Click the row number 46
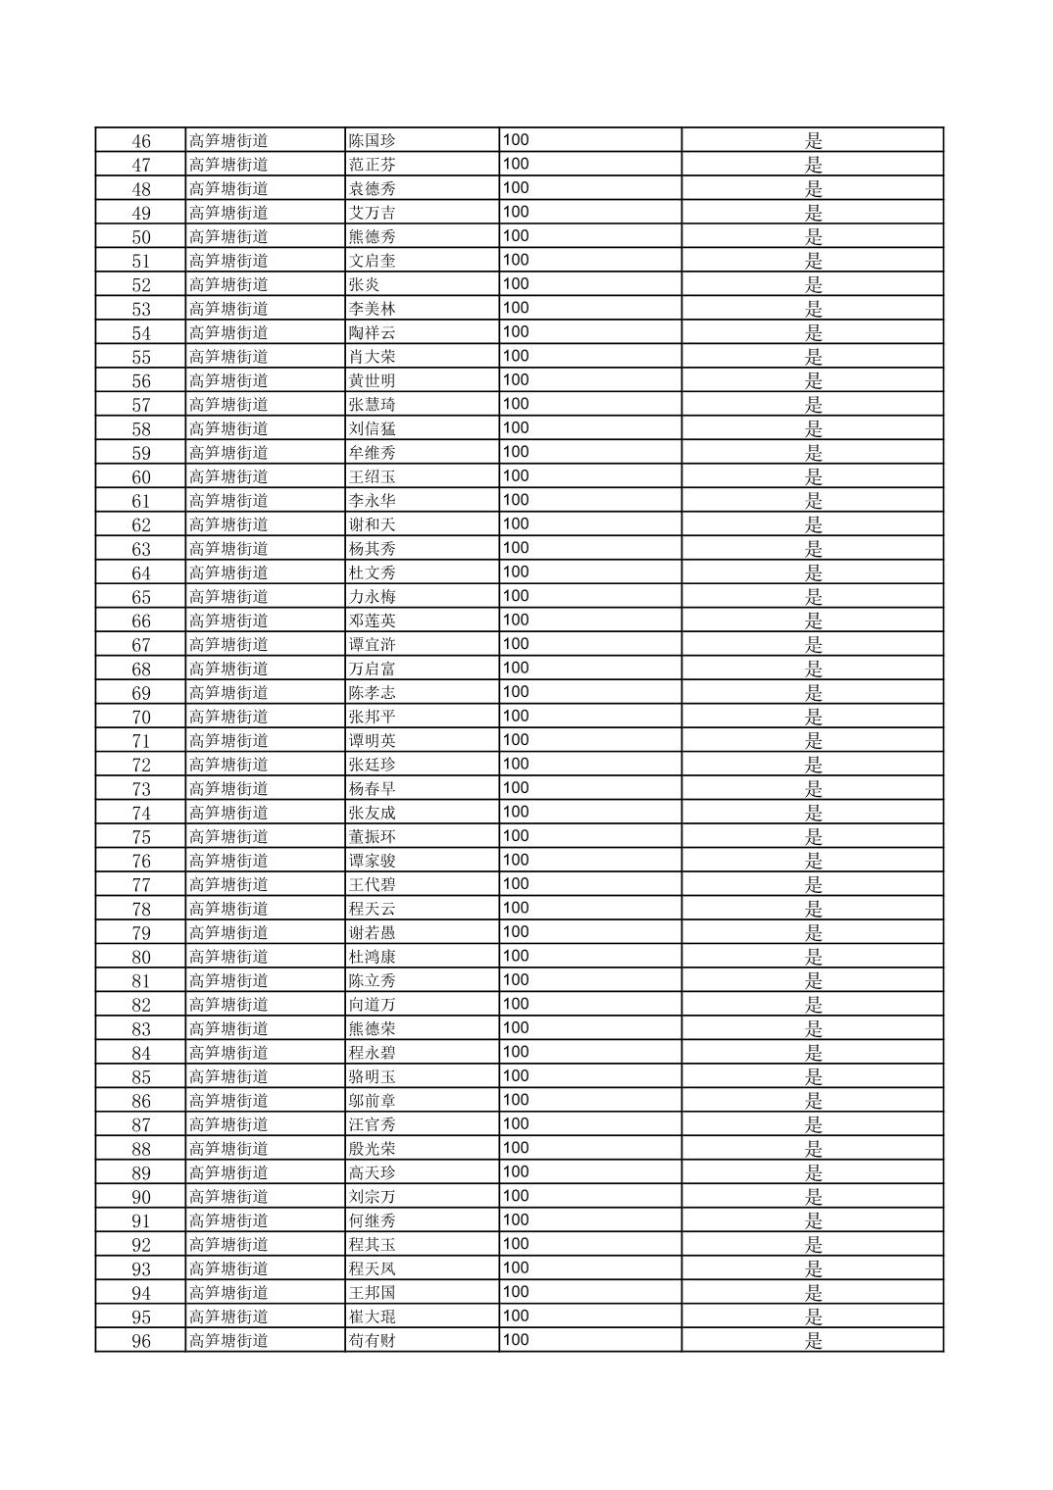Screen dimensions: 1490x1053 coord(141,141)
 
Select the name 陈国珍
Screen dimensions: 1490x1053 coord(373,141)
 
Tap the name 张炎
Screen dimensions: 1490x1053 coord(365,285)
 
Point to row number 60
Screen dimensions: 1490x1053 coord(141,477)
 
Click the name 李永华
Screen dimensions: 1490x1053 coord(373,501)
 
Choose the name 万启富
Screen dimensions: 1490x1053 coord(373,670)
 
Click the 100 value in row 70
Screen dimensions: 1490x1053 coord(516,717)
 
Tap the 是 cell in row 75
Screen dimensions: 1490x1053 coord(814,837)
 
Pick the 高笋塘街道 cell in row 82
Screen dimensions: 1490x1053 coord(228,1005)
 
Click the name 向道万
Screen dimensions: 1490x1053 coord(373,1005)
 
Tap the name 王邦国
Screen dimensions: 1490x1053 coord(373,1293)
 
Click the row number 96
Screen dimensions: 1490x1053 coord(141,1341)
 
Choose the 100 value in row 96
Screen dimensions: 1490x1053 coord(516,1340)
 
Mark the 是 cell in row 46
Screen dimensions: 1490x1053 coord(814,141)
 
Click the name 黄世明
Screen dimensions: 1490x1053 coord(373,381)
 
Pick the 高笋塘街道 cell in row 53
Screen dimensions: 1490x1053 coord(228,309)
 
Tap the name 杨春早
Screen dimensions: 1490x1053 coord(373,789)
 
